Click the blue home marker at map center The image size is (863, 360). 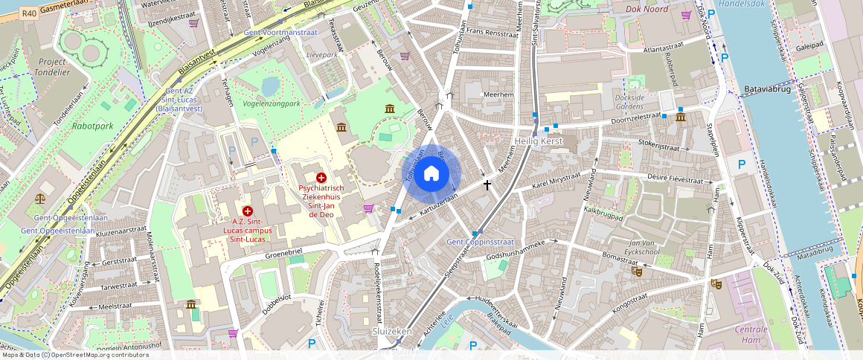tap(431, 174)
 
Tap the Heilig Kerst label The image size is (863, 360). tap(539, 141)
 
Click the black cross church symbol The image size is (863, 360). tap(487, 184)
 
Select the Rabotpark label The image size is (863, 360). tap(92, 126)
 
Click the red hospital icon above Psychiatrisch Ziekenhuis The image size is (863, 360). tap(321, 178)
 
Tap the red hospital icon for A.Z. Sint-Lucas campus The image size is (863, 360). tap(247, 211)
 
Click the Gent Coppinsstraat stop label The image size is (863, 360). tap(480, 242)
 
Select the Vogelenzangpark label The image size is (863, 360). tap(272, 103)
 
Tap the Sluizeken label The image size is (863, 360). tap(392, 330)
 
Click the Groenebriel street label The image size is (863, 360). tap(283, 253)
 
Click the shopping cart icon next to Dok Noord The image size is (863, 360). tap(686, 14)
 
